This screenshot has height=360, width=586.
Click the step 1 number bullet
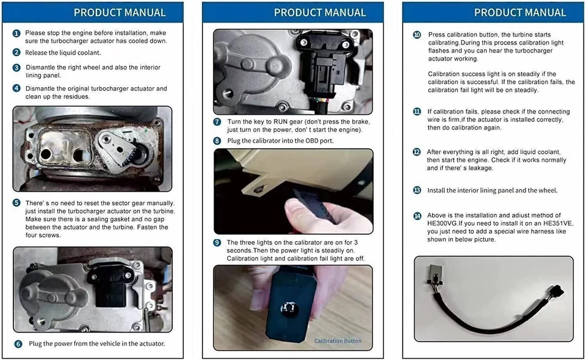coord(16,33)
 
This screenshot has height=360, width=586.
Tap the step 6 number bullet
coord(18,344)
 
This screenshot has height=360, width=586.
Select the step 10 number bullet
coord(417,35)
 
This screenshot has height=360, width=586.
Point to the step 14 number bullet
coord(417,216)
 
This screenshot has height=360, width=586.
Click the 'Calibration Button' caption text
coord(338,341)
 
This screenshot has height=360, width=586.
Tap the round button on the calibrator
coord(289,308)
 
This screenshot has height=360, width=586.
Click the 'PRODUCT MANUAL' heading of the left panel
coord(120,12)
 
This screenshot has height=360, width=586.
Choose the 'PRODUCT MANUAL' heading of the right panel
coord(520,12)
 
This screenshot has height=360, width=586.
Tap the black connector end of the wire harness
coord(557,291)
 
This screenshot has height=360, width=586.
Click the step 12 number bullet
coord(417,152)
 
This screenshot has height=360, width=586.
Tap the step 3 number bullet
coord(16,68)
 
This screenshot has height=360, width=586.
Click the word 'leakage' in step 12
coord(481,168)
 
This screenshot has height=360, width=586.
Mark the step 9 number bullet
coord(217,243)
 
